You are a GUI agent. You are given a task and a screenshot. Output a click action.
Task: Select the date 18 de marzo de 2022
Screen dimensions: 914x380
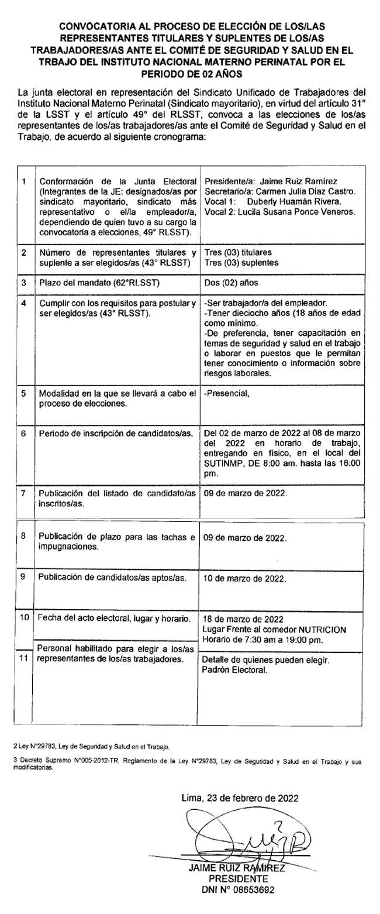[243, 619]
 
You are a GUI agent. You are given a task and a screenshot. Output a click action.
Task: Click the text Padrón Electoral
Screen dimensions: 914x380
[234, 671]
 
